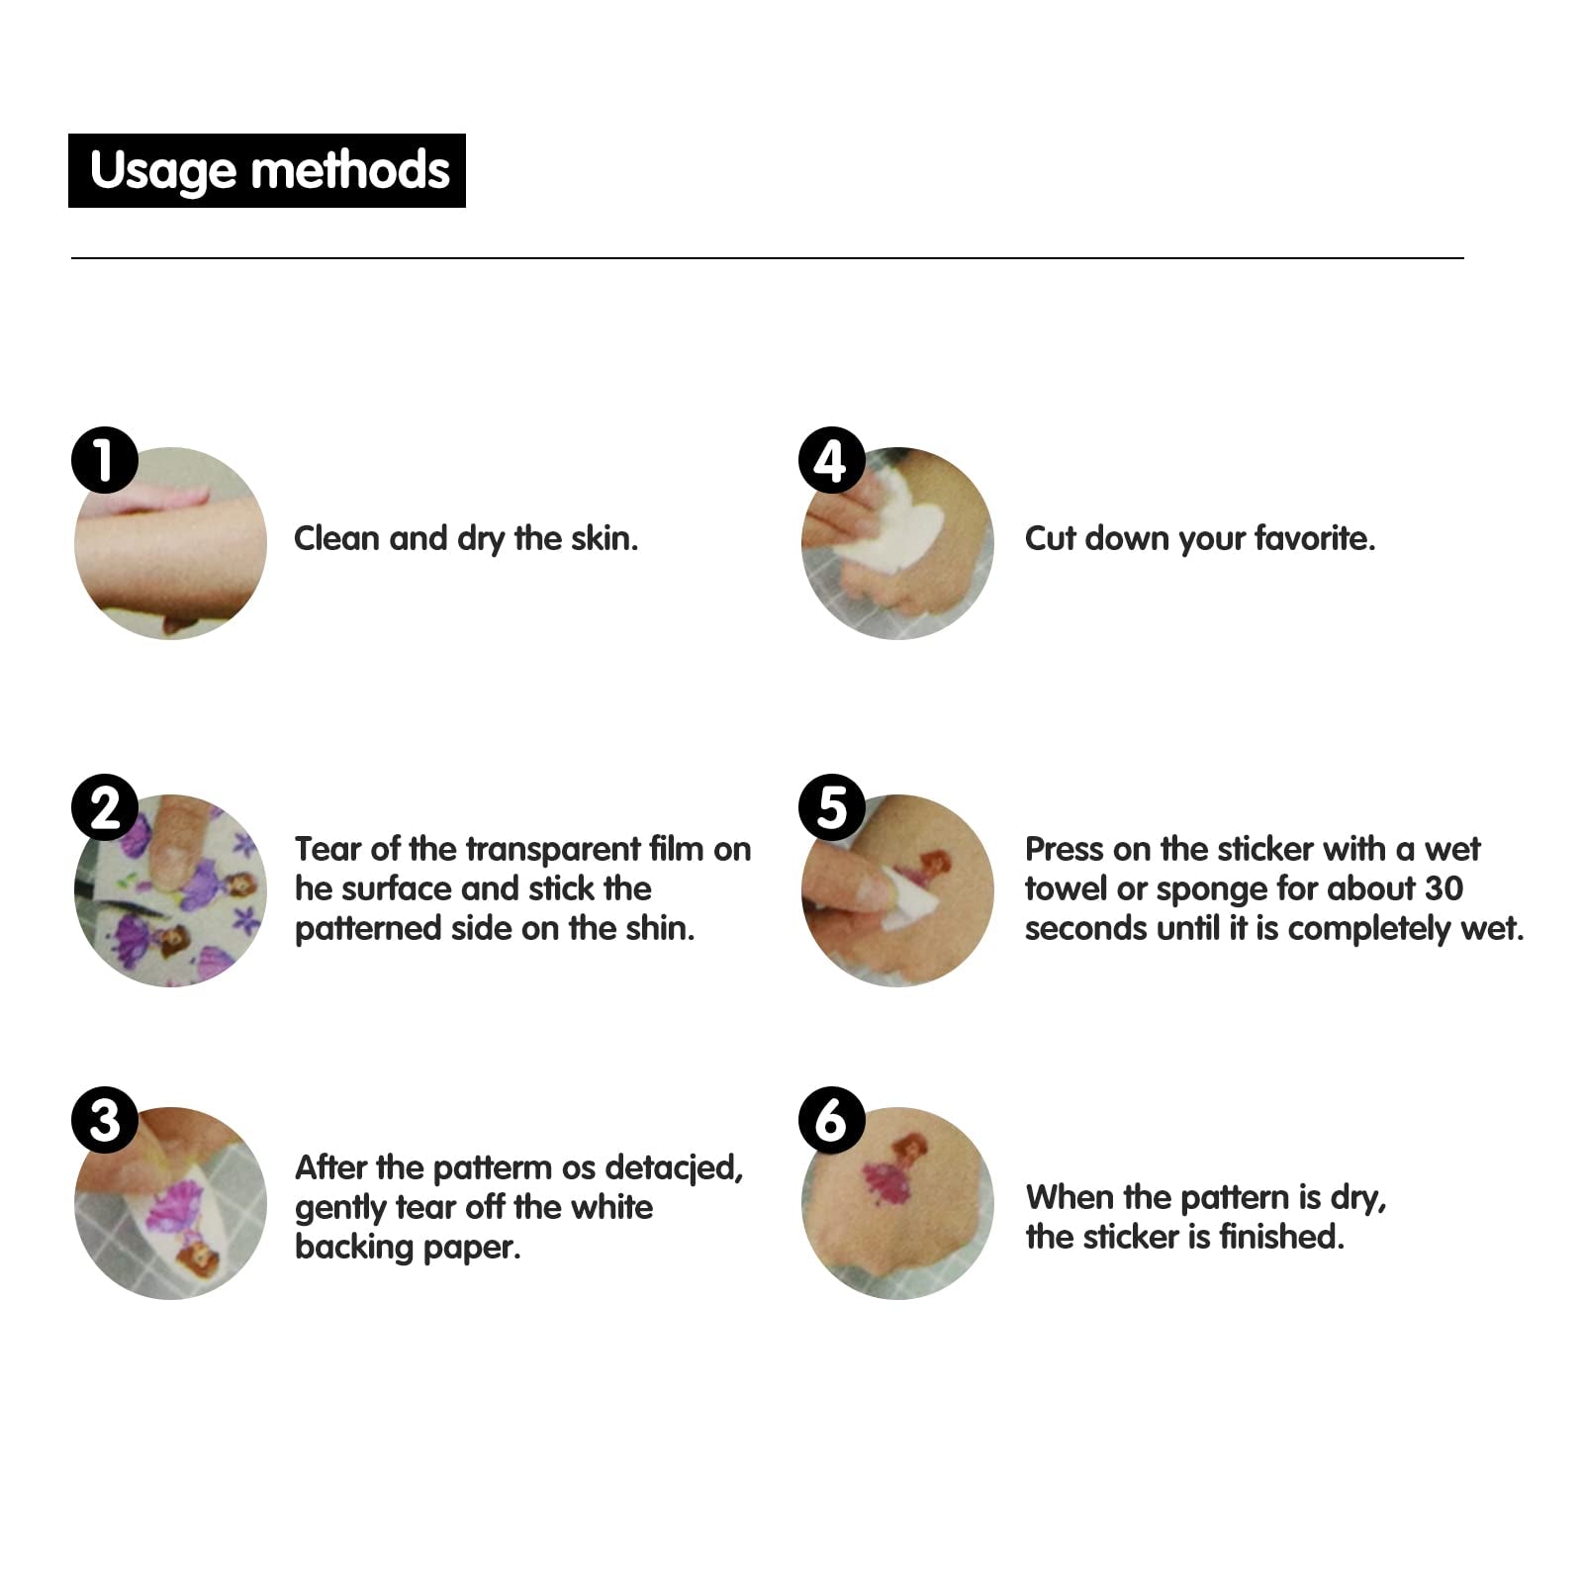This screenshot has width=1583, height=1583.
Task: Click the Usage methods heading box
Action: pos(267,170)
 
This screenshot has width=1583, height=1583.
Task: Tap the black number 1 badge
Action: pos(105,460)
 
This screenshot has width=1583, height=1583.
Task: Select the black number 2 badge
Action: pos(105,807)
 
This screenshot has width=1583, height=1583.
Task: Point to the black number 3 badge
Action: pos(105,1120)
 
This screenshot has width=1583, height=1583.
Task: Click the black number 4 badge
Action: pos(832,460)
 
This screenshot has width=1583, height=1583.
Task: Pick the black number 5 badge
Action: pos(832,807)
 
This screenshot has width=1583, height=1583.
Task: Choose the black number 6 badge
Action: pos(832,1120)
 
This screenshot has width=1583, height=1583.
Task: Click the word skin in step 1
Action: pos(605,538)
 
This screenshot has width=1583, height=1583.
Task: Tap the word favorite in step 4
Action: pos(1315,538)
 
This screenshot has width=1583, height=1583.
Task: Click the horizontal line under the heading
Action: pos(768,258)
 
